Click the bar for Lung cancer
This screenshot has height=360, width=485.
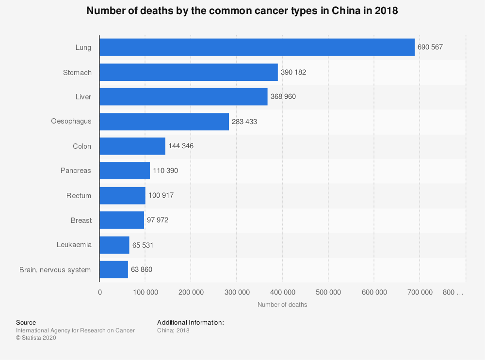[x=257, y=47]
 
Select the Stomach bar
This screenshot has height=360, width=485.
[x=189, y=72]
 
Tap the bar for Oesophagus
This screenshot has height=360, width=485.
[x=164, y=122]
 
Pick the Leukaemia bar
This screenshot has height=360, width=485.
[x=114, y=245]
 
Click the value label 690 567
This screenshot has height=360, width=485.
[x=430, y=47]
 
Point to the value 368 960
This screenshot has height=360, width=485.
[x=283, y=97]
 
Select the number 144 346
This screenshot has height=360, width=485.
[x=181, y=146]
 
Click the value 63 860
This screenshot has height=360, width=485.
[x=142, y=269]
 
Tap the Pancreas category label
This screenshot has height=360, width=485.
[x=76, y=171]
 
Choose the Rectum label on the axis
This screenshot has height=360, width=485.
[x=79, y=196]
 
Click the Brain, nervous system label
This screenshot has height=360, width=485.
[x=55, y=269]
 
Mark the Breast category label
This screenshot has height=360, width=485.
[x=81, y=220]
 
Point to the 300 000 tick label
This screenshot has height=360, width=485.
[x=237, y=292]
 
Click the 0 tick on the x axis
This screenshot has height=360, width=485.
[x=100, y=292]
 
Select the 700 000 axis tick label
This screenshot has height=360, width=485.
[x=420, y=292]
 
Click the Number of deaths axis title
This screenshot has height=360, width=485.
[x=282, y=305]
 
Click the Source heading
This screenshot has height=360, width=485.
[x=26, y=322]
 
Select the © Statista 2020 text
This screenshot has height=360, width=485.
[x=36, y=338]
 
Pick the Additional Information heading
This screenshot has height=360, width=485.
[x=190, y=322]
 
